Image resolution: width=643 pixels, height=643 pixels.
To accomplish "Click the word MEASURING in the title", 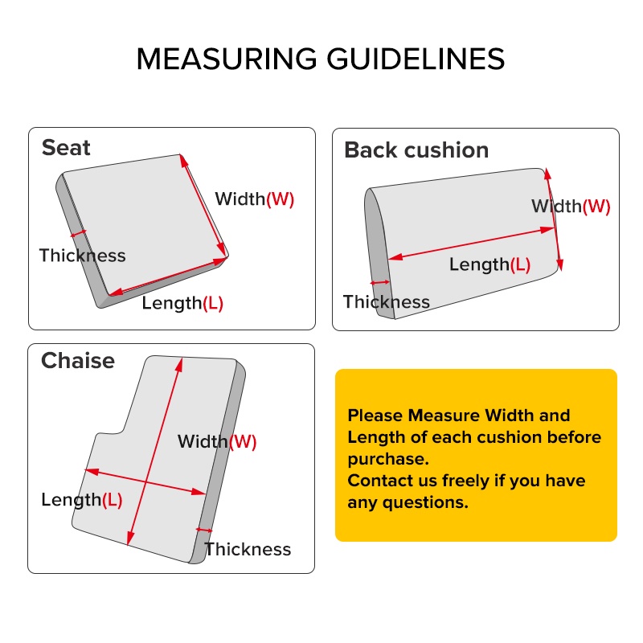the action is (x=227, y=59).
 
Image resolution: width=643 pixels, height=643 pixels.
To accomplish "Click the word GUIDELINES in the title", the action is (x=416, y=59).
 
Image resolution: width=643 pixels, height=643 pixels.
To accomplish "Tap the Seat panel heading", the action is (x=66, y=148).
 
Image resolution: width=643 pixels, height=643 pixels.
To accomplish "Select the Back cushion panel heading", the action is (x=416, y=149).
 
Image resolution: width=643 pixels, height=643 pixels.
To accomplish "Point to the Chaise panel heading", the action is (x=78, y=361).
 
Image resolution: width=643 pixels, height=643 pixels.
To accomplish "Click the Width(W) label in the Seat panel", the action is (x=255, y=199).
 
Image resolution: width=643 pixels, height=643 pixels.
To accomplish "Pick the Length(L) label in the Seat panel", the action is (x=182, y=304).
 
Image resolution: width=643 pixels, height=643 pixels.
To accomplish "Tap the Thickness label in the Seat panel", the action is (x=83, y=256).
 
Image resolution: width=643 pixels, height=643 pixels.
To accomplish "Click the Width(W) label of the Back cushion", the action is (x=571, y=207).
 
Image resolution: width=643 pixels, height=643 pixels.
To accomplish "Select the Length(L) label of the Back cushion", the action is (x=490, y=264).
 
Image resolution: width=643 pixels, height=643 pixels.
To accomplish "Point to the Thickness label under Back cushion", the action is (x=387, y=302).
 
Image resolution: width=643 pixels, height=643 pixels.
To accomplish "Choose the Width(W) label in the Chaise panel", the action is (x=217, y=441).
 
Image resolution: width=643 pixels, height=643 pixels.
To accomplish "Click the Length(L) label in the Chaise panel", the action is (x=82, y=500).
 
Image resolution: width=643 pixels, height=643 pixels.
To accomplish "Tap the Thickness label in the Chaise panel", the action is (x=248, y=549).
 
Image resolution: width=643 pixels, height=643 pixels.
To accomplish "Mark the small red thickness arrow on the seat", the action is (x=78, y=234).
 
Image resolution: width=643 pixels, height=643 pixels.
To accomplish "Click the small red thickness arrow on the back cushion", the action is (x=380, y=283).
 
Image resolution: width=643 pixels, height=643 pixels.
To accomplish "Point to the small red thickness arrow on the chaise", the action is (x=204, y=530).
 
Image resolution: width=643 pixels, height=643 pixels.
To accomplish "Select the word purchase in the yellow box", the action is (x=388, y=460).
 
